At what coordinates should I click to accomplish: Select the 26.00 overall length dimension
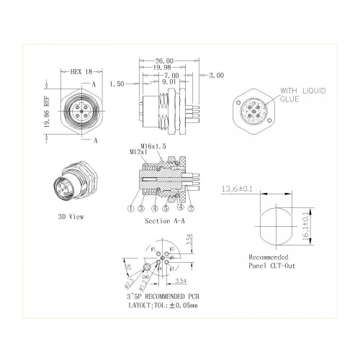point(164,61)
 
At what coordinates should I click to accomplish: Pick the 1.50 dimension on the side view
point(117,84)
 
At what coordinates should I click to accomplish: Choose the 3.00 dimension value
point(216,75)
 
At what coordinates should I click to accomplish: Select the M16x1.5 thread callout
point(154,145)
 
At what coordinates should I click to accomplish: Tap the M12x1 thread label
point(139,153)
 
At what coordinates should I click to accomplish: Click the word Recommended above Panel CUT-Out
point(269,257)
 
